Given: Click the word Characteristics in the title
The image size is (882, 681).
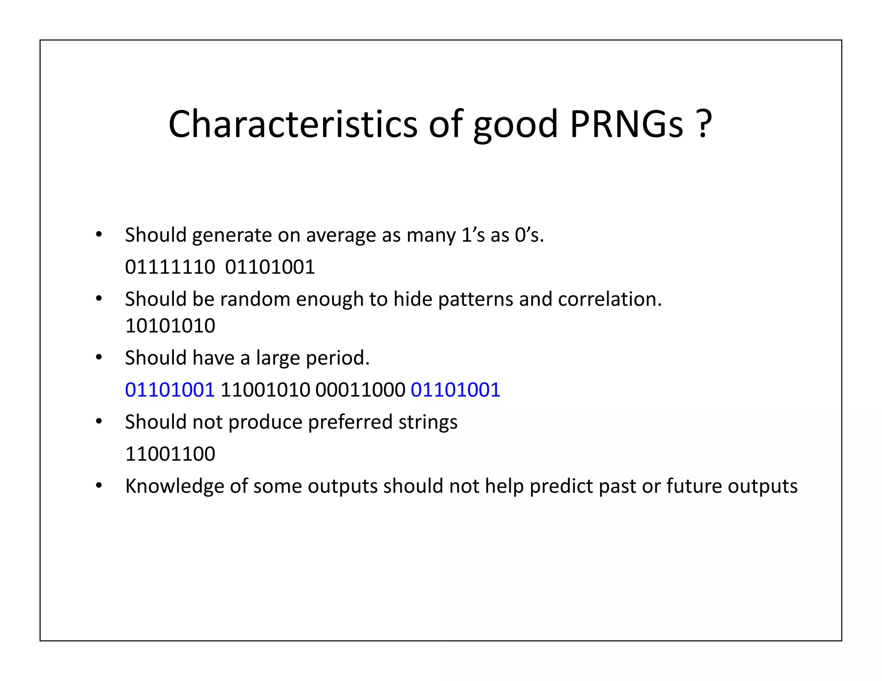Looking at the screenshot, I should pyautogui.click(x=292, y=124).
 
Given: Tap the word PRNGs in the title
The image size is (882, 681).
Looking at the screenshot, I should pyautogui.click(x=627, y=124).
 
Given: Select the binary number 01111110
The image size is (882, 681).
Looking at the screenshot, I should pyautogui.click(x=170, y=267).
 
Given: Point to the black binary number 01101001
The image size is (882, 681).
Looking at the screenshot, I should pyautogui.click(x=270, y=267).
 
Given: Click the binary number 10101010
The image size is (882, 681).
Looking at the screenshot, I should pyautogui.click(x=170, y=325).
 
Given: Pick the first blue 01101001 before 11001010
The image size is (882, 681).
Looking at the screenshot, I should pyautogui.click(x=170, y=390).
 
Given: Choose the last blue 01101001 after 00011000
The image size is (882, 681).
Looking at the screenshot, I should pyautogui.click(x=455, y=390).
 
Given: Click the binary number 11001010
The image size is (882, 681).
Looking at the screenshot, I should pyautogui.click(x=265, y=390).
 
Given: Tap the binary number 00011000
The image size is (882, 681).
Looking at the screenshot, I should pyautogui.click(x=360, y=390).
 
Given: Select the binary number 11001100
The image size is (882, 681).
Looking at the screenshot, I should pyautogui.click(x=170, y=454).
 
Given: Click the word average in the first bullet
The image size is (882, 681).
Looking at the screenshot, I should pyautogui.click(x=341, y=235).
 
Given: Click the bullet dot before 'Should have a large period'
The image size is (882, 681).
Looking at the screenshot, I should pyautogui.click(x=99, y=357).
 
